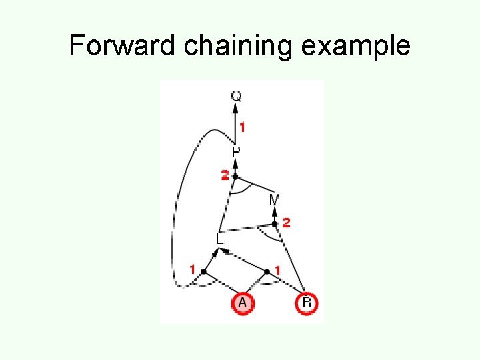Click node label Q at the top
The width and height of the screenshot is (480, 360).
click(x=237, y=96)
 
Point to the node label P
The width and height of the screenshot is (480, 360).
click(x=236, y=153)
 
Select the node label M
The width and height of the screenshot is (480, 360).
click(x=275, y=199)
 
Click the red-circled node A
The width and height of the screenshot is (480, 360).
click(x=242, y=303)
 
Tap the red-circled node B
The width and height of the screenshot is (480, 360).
click(x=306, y=303)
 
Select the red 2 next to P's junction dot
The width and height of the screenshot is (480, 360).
click(x=225, y=175)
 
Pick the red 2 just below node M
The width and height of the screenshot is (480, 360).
click(x=286, y=223)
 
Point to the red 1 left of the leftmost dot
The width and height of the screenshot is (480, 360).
click(x=193, y=270)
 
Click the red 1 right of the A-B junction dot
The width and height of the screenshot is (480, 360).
click(x=278, y=270)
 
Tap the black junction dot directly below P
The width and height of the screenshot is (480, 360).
click(x=235, y=176)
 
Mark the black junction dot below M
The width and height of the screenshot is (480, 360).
click(x=274, y=224)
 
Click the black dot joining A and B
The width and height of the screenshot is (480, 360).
click(x=267, y=271)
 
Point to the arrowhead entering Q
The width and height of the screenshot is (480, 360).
click(x=236, y=109)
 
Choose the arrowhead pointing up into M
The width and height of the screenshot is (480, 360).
click(x=275, y=212)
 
